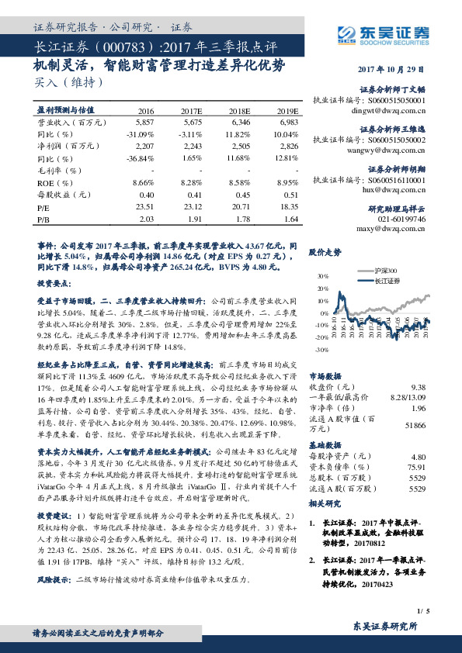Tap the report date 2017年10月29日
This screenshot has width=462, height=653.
point(394,69)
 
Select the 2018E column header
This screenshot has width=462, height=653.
point(241,112)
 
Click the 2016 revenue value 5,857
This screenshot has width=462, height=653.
point(144,123)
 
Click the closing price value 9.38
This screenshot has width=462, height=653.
point(418,386)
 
